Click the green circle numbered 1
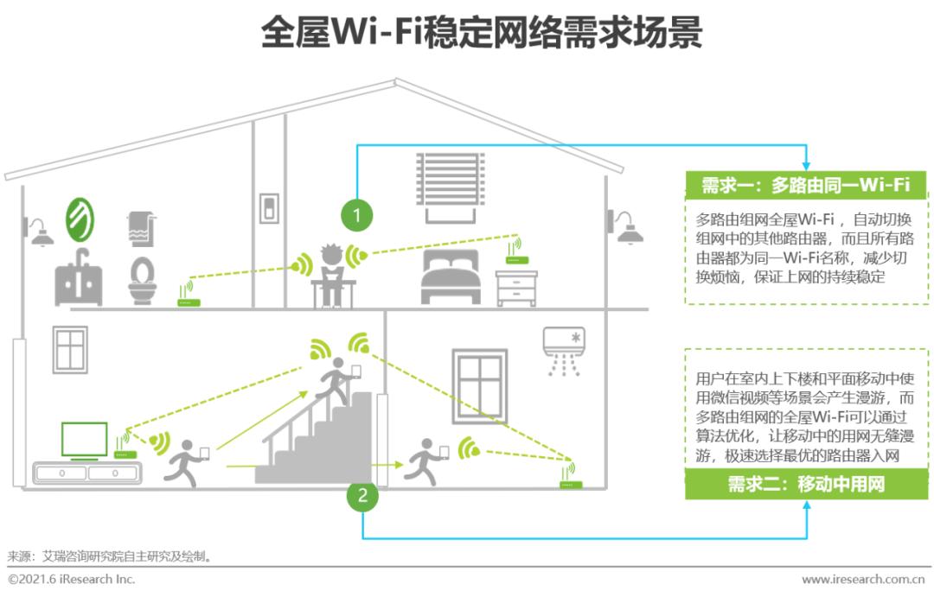[x=356, y=214]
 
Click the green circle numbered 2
[x=363, y=496]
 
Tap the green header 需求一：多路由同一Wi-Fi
[x=805, y=185]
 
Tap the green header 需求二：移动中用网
[x=805, y=484]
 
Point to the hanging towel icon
[x=141, y=228]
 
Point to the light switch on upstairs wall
[x=269, y=208]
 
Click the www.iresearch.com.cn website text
[x=863, y=580]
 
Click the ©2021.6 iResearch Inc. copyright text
[x=72, y=580]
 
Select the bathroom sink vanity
[x=79, y=278]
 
